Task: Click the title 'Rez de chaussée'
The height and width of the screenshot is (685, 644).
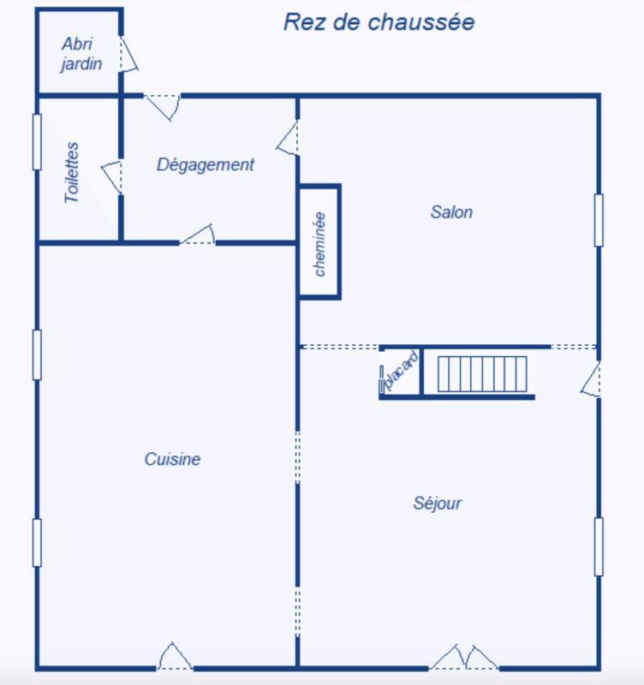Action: [x=379, y=22]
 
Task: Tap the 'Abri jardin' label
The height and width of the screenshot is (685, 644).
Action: [x=81, y=53]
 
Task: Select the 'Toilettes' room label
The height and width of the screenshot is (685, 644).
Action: [x=72, y=172]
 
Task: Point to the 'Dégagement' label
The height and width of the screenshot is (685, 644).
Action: [x=206, y=165]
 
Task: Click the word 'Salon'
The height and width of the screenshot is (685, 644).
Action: [x=451, y=211]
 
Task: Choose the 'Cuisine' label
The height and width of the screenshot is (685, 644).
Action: [x=172, y=460]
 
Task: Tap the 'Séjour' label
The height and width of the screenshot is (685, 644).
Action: [x=438, y=503]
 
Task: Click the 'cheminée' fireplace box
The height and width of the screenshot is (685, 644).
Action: [x=320, y=242]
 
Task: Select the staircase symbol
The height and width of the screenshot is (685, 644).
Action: [x=481, y=374]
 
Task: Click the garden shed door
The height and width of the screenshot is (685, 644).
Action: [x=128, y=55]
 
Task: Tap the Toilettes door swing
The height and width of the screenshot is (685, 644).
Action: [x=112, y=176]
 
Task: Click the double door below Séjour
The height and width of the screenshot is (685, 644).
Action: [x=463, y=658]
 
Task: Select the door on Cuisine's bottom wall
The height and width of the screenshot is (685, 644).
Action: [x=175, y=657]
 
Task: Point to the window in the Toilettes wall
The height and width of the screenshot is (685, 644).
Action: [x=37, y=141]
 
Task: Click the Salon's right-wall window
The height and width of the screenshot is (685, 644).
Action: [x=599, y=220]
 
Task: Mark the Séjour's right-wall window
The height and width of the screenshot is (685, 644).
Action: [x=599, y=546]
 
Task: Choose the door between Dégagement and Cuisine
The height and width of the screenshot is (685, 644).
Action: [x=198, y=235]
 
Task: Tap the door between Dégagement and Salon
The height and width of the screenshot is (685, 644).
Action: [x=289, y=139]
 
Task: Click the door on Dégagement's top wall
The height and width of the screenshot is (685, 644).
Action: [x=162, y=104]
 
